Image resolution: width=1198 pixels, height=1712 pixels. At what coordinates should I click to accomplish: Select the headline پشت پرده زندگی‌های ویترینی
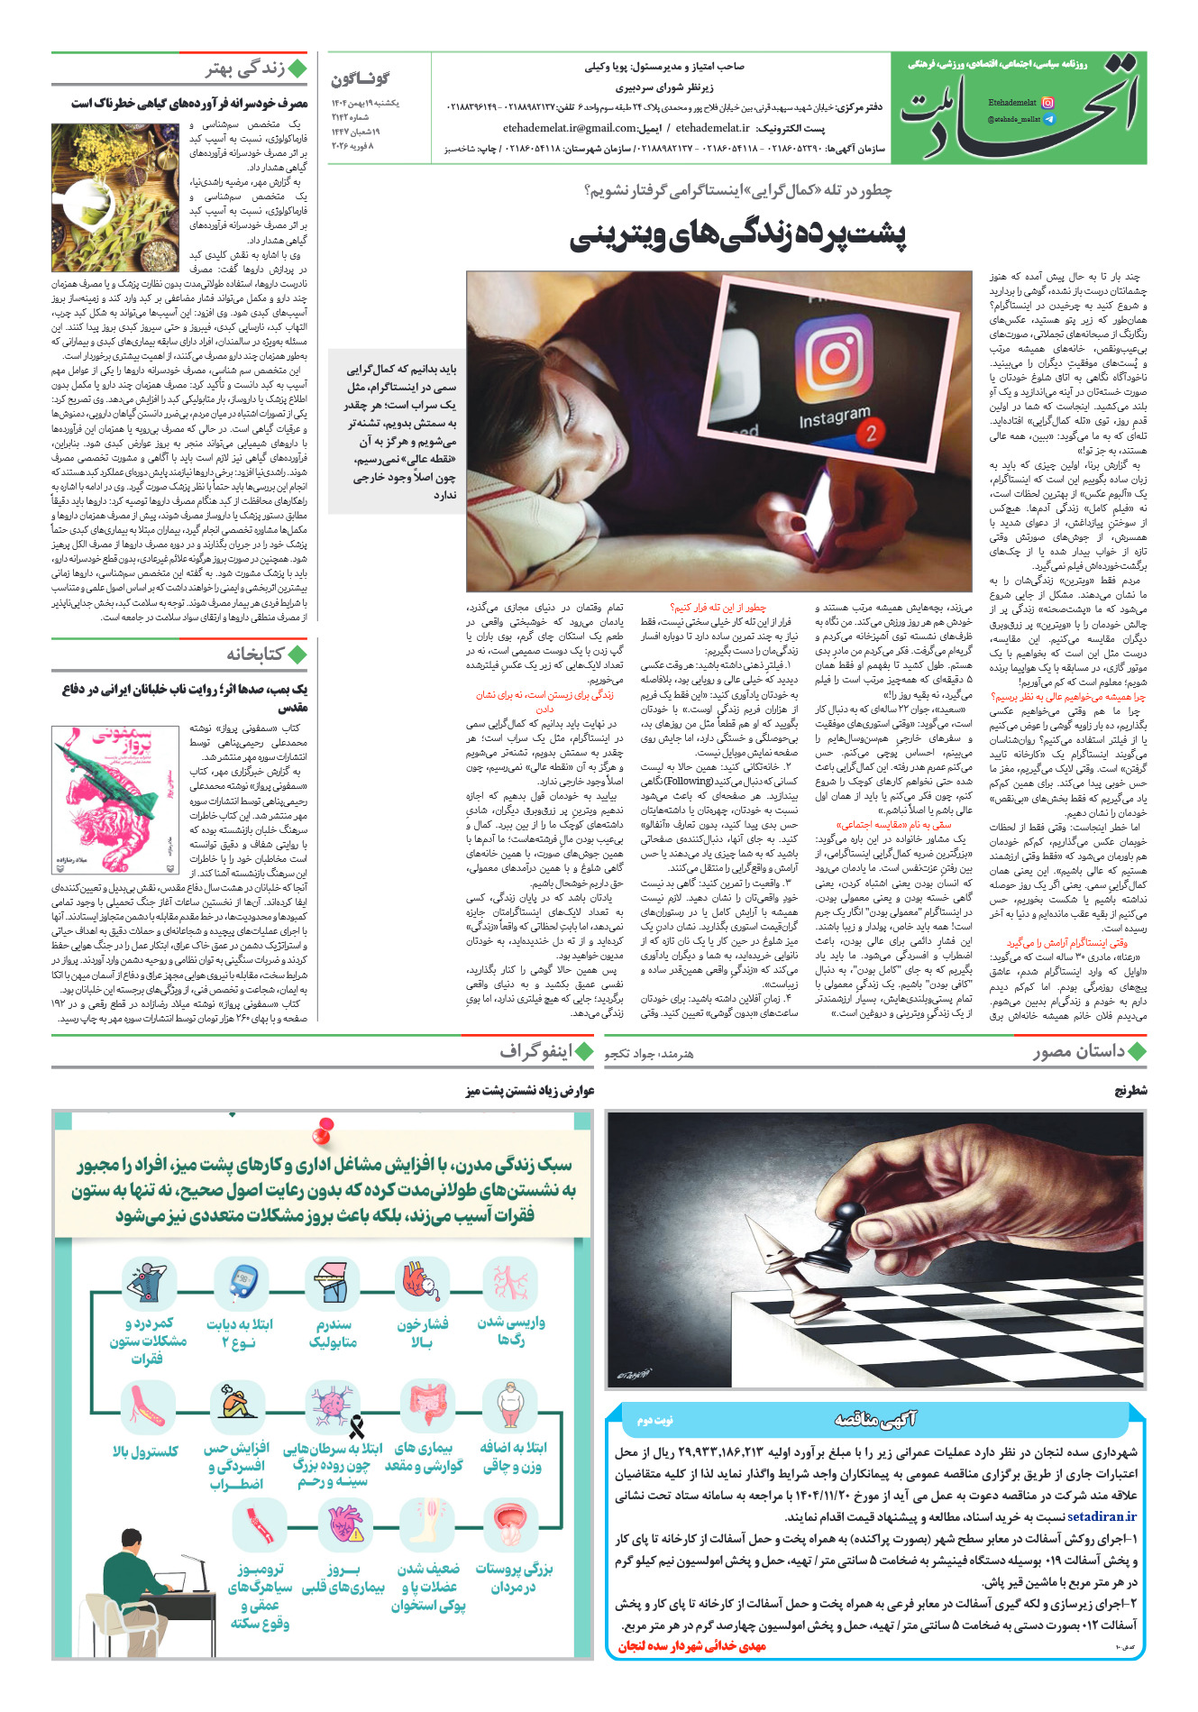point(737,235)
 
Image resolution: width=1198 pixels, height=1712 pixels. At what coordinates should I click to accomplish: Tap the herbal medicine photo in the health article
point(114,190)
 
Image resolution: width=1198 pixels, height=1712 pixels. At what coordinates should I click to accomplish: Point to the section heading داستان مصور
point(1079,1051)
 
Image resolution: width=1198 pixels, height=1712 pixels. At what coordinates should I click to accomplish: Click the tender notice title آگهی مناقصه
point(874,1421)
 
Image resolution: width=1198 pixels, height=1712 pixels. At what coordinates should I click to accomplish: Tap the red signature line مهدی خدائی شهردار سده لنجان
point(692,1645)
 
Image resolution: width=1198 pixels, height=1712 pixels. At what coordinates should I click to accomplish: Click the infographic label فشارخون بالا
point(422,1332)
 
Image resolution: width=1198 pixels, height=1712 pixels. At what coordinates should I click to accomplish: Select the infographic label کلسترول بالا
point(146,1451)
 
